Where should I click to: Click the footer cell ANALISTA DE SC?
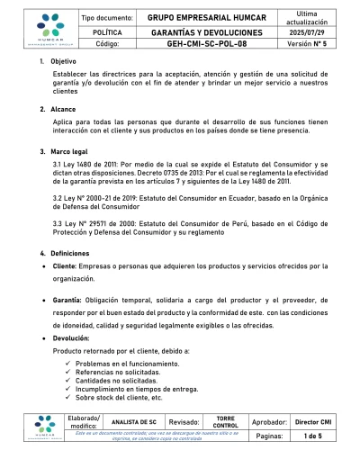coord(132,420)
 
